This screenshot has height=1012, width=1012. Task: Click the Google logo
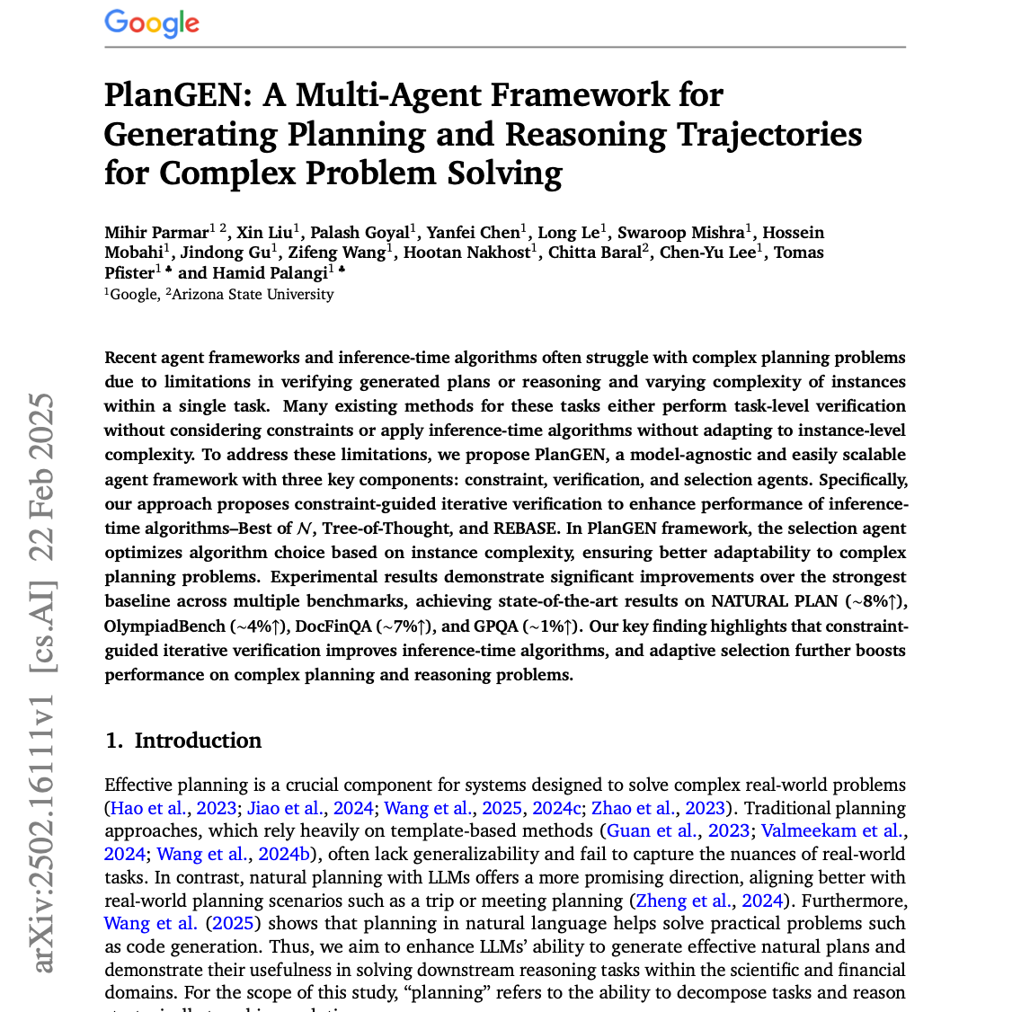[152, 22]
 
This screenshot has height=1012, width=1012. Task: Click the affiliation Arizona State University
[253, 294]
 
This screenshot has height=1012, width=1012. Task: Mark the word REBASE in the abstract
[524, 528]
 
